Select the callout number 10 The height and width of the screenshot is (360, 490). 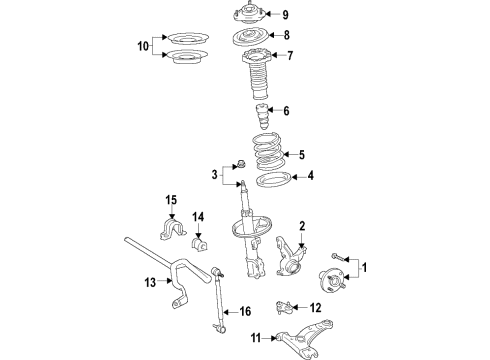[x=141, y=46]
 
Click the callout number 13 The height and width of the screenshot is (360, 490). [x=148, y=283]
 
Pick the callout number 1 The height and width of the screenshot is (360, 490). [x=365, y=267]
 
